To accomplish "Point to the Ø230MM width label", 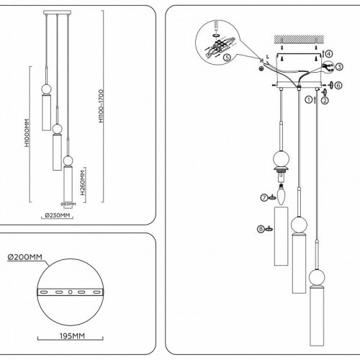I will click(x=58, y=215).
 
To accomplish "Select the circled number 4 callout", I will click(x=329, y=53).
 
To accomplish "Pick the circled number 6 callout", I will click(x=338, y=85).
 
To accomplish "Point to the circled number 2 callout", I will click(x=325, y=101).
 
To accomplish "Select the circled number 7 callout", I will click(x=264, y=197).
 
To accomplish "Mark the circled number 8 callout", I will click(x=262, y=230).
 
